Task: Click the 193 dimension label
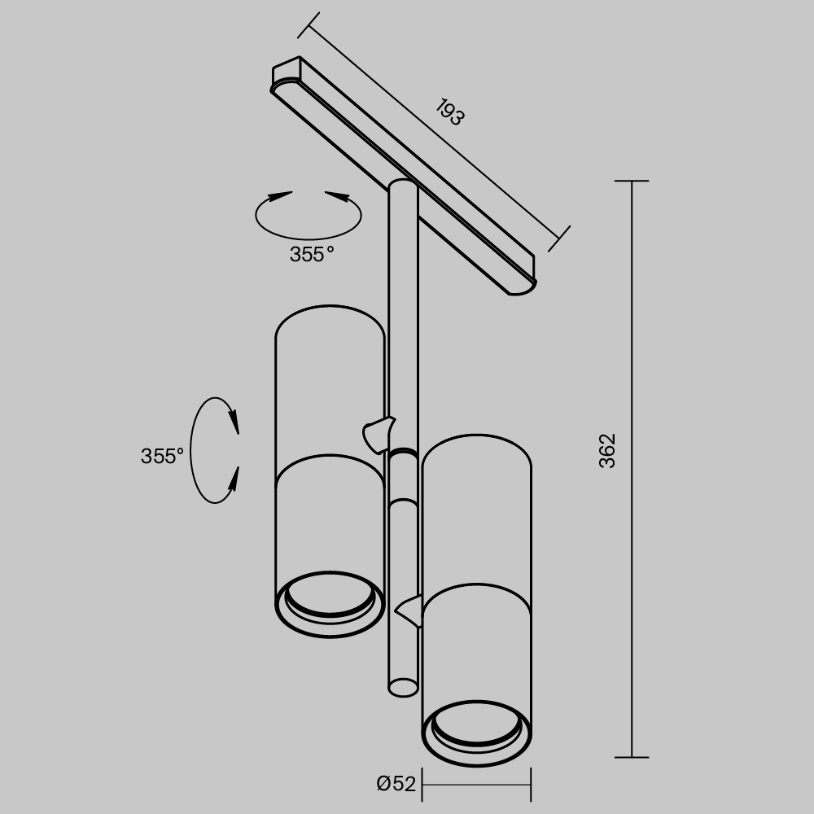449,112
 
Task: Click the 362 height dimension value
608,450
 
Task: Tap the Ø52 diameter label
396,784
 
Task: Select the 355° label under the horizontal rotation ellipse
312,254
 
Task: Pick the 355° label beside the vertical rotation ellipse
163,456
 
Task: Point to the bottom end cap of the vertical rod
402,688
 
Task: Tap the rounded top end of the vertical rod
403,186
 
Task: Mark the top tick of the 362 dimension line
632,181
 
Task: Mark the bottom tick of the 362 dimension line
632,757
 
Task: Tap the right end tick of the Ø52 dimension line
532,785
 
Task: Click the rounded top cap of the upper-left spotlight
330,317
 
